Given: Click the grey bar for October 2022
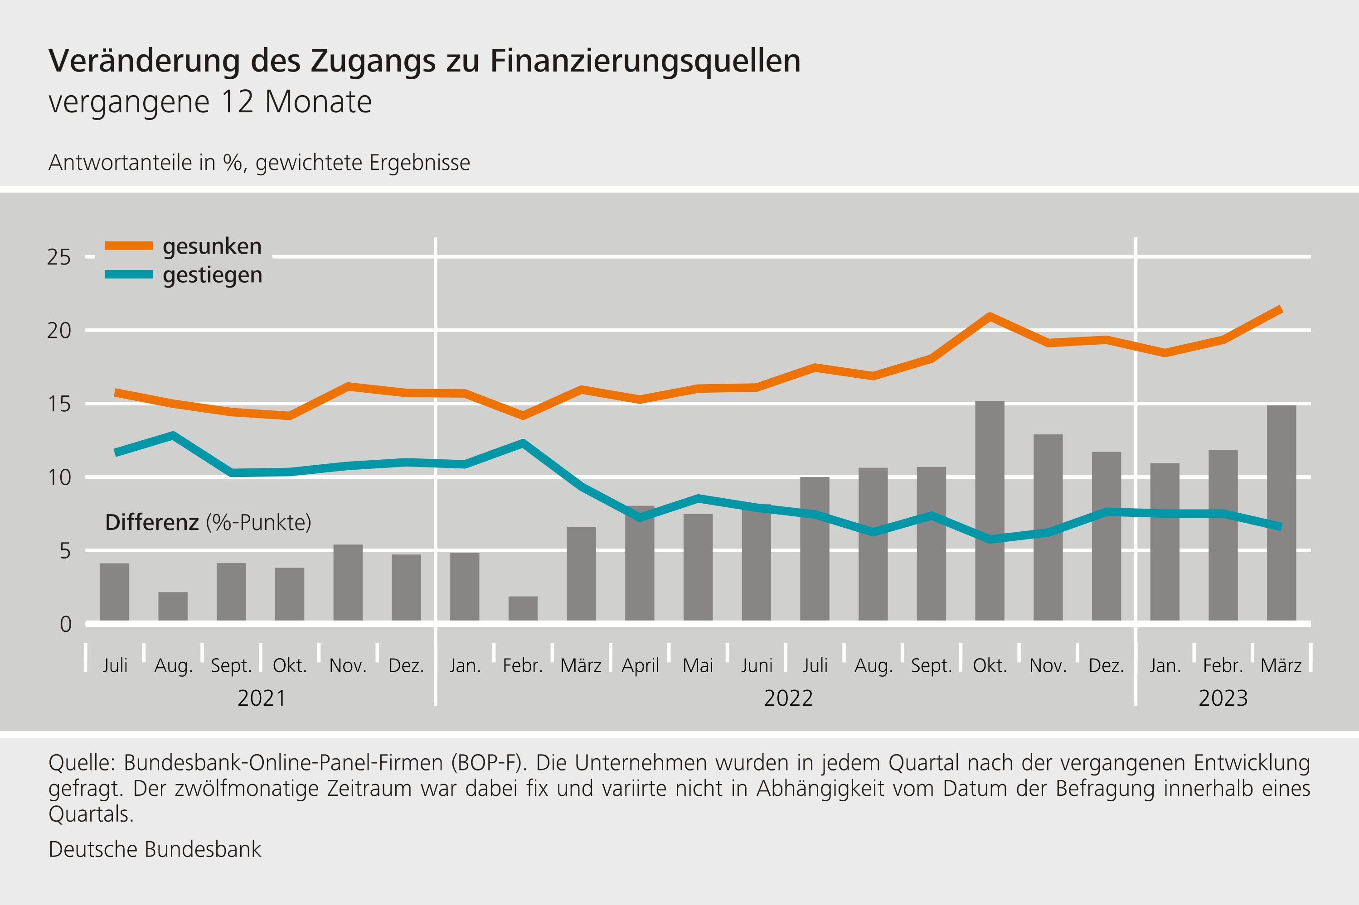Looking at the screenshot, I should tap(990, 511).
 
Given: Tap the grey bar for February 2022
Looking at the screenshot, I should tap(523, 608).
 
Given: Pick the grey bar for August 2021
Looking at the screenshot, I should tap(173, 606).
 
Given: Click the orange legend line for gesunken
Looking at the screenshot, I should tap(128, 246).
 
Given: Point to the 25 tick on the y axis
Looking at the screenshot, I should tap(59, 257).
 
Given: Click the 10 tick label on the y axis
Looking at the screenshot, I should tap(59, 477).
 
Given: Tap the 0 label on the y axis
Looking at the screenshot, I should tap(65, 624).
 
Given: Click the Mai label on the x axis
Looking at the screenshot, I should tap(698, 665).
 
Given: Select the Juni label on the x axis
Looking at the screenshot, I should tap(757, 665).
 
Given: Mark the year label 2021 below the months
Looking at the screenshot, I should tap(262, 698).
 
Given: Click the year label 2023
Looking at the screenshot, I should tap(1223, 698).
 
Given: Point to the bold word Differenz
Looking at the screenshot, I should tap(152, 522).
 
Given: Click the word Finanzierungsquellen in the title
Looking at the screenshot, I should tap(645, 61).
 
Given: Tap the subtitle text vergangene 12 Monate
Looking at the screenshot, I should tap(210, 102).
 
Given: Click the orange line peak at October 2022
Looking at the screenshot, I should tap(990, 316).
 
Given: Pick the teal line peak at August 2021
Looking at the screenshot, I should tap(173, 435).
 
